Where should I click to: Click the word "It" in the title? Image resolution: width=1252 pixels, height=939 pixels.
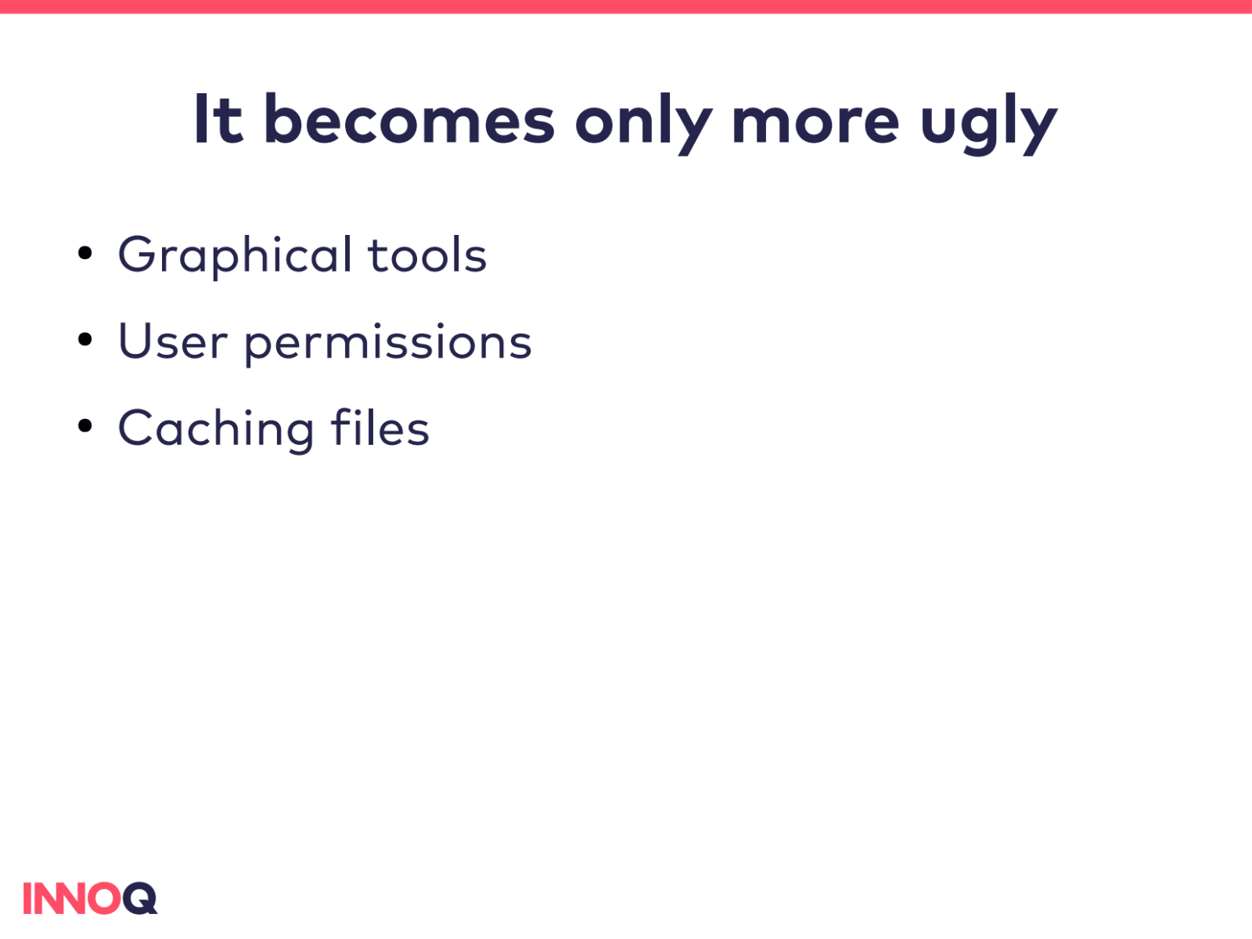[x=219, y=119]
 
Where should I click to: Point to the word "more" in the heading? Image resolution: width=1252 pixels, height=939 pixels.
[x=815, y=124]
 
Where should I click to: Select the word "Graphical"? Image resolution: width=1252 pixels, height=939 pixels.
[x=235, y=256]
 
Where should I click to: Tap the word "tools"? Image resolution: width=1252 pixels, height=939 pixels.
[x=428, y=255]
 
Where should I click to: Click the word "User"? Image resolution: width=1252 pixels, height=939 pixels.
[x=173, y=341]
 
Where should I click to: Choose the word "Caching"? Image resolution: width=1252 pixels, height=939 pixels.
[x=216, y=429]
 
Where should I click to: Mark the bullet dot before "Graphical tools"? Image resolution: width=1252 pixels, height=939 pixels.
[x=85, y=253]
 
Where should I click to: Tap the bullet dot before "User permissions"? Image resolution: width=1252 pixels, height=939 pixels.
[x=85, y=340]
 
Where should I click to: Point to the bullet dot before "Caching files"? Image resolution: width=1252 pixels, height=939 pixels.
[x=85, y=426]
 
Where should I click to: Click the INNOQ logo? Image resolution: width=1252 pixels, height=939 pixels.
[x=90, y=898]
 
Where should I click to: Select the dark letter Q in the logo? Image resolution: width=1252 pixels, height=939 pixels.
[x=140, y=898]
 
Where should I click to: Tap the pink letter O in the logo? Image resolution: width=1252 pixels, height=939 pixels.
[x=104, y=898]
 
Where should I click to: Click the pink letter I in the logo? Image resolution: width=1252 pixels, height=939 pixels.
[x=27, y=898]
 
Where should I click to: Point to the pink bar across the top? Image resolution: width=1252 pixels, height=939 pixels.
[x=626, y=6]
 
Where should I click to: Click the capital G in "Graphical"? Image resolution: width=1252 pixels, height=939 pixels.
[x=137, y=255]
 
